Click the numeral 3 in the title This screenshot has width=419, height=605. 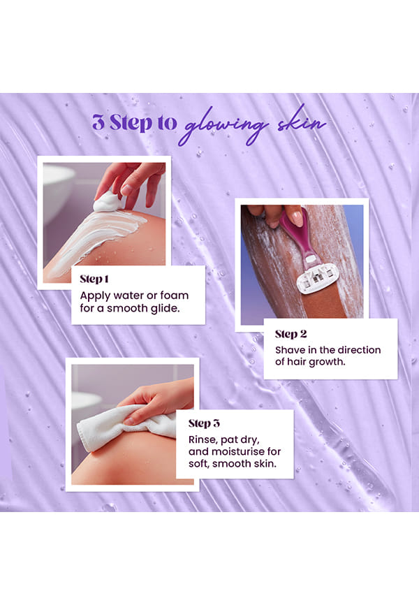pyautogui.click(x=98, y=122)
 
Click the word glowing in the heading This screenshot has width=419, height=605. pyautogui.click(x=223, y=125)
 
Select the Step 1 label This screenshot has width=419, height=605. pyautogui.click(x=94, y=279)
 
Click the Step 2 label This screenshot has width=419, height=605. pyautogui.click(x=291, y=334)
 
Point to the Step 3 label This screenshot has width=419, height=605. pyautogui.click(x=204, y=423)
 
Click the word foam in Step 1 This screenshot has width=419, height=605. pyautogui.click(x=175, y=296)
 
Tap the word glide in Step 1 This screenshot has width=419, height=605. pyautogui.click(x=165, y=308)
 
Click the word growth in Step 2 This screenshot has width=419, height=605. pyautogui.click(x=327, y=362)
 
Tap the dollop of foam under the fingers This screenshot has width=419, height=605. pyautogui.click(x=108, y=202)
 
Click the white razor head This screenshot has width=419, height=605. pyautogui.click(x=318, y=279)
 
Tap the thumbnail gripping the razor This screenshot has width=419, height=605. pyautogui.click(x=297, y=219)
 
